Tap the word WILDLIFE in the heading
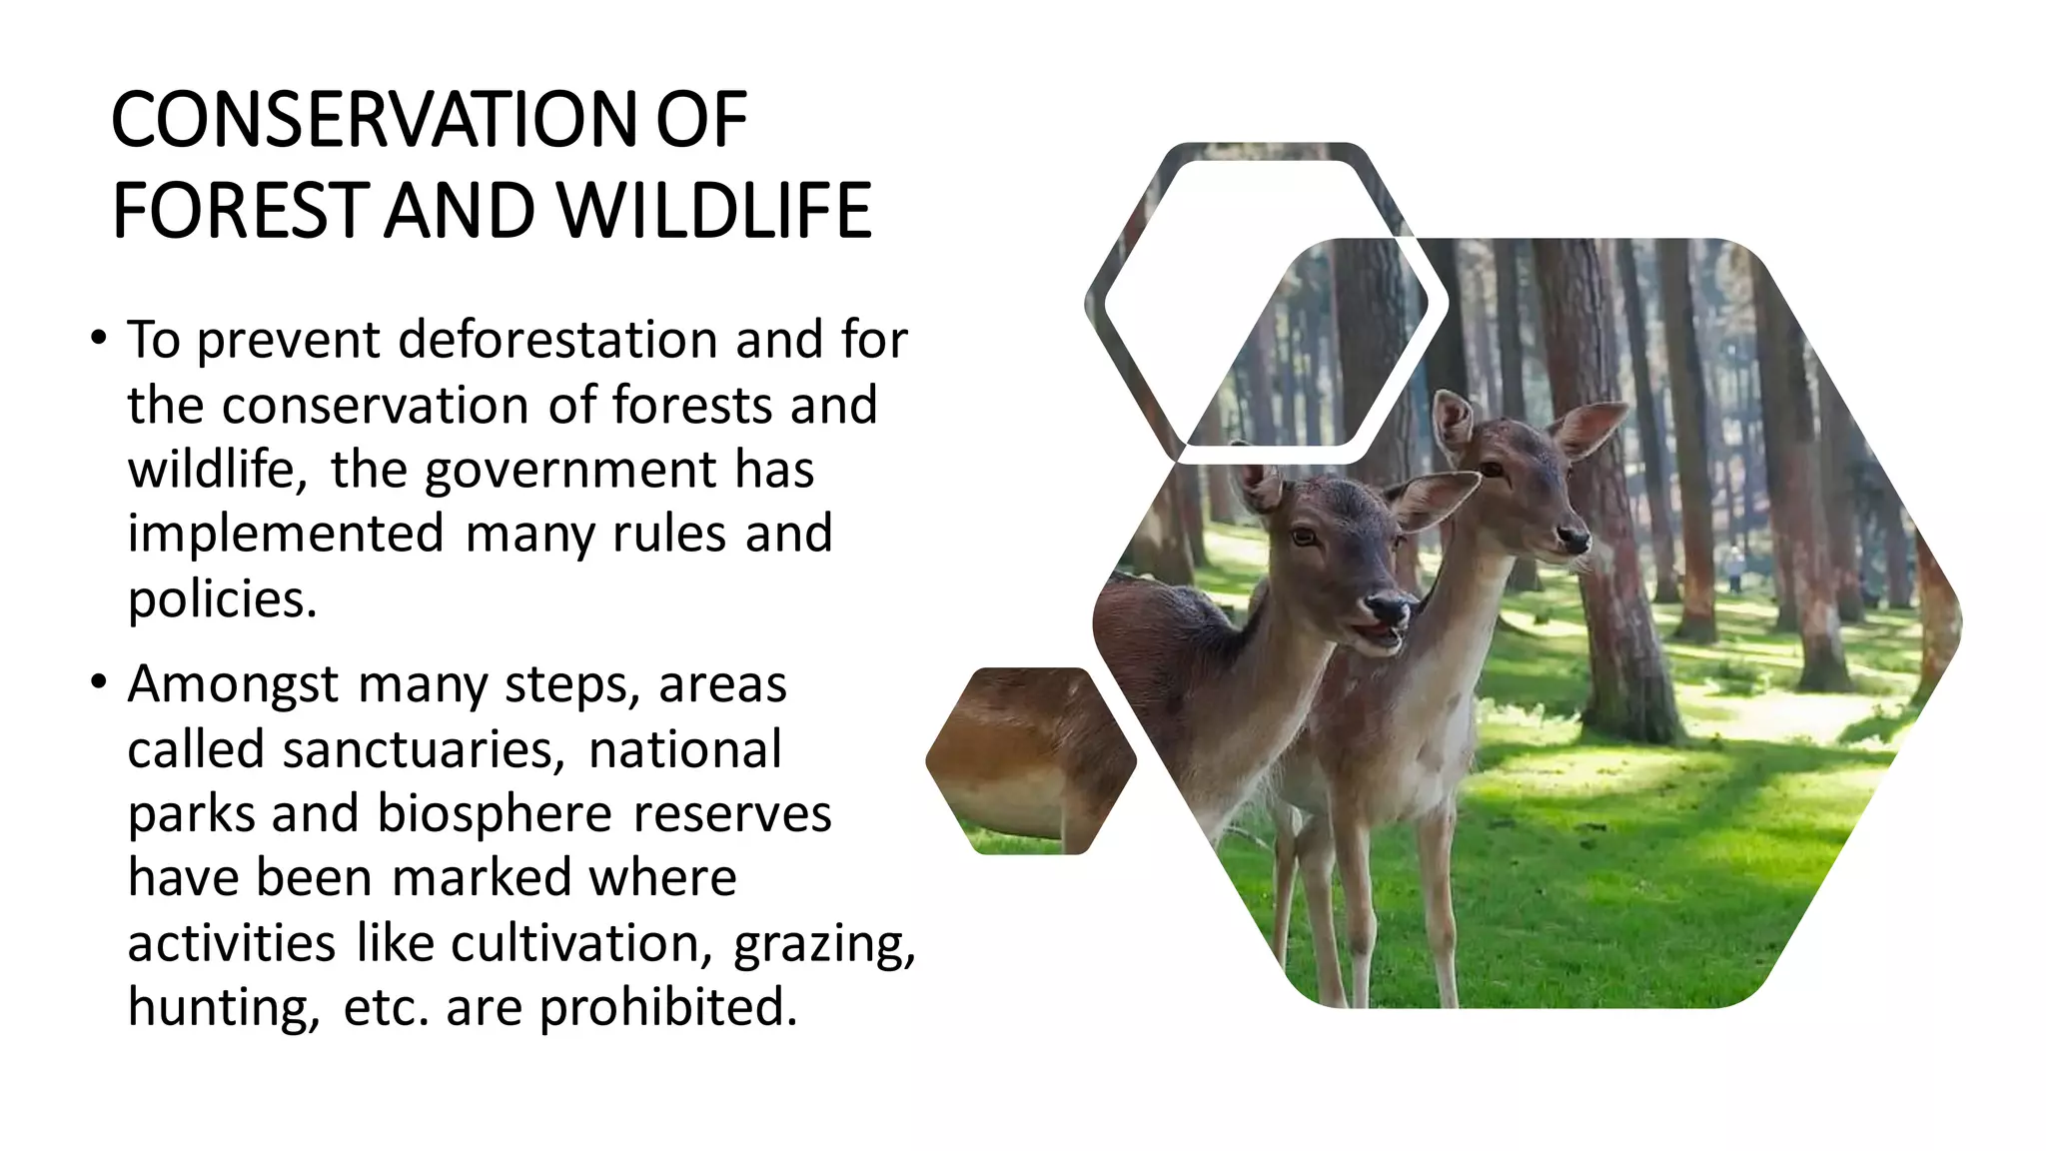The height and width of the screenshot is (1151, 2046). point(713,212)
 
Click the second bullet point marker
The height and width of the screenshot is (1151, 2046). point(97,682)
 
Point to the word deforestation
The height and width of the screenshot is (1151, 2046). point(557,340)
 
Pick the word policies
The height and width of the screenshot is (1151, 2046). point(222,598)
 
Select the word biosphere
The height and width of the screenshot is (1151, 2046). point(495,813)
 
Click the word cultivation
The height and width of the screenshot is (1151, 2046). point(582,942)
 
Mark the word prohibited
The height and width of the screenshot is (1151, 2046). point(668,1007)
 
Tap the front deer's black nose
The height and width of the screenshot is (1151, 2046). point(1388,605)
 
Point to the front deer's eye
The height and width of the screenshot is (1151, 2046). point(1305,537)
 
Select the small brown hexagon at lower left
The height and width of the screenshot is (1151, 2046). point(1030,760)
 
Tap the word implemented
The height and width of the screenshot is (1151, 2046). point(286,534)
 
